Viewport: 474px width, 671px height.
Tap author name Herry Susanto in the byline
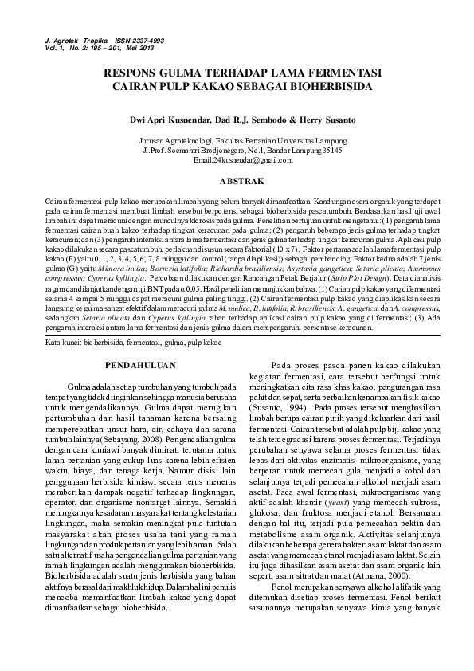click(316, 120)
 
